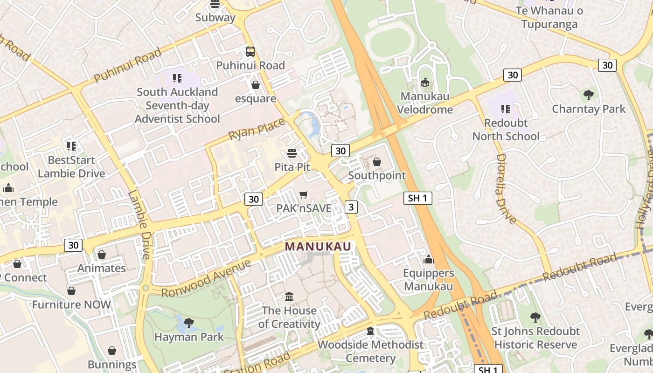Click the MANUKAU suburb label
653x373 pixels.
(318, 246)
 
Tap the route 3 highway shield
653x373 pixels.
(351, 207)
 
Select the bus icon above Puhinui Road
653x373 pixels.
(250, 51)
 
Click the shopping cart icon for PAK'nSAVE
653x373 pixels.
(304, 194)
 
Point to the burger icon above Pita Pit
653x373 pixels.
(292, 153)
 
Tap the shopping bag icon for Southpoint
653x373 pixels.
(377, 162)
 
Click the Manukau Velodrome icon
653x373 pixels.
(424, 83)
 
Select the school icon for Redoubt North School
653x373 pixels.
(506, 109)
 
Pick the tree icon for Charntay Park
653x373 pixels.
(589, 95)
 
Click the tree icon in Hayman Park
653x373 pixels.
(189, 323)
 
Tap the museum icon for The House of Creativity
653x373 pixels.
(289, 297)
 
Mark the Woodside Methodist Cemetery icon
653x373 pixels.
(370, 331)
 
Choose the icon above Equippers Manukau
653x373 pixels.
(428, 259)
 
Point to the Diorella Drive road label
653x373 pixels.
(506, 189)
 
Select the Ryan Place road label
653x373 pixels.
(257, 129)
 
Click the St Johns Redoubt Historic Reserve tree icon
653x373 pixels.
(535, 318)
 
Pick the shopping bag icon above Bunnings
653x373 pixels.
(112, 351)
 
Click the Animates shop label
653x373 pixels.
(102, 268)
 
